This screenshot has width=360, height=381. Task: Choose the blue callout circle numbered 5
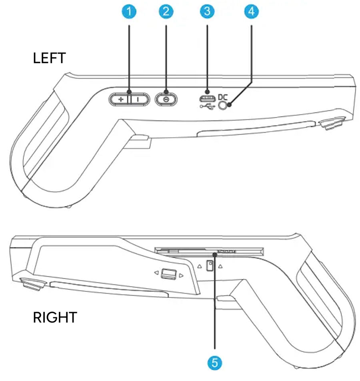[x=215, y=363]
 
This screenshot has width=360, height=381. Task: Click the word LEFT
[x=49, y=59]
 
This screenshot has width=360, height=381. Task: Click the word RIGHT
[x=55, y=318]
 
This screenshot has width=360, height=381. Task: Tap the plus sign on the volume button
[x=120, y=99]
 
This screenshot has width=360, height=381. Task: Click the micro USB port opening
[x=207, y=98]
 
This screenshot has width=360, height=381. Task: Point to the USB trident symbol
[x=207, y=106]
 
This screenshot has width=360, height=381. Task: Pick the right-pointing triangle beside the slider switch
[x=182, y=275]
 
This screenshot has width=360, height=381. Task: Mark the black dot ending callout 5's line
[x=215, y=254]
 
